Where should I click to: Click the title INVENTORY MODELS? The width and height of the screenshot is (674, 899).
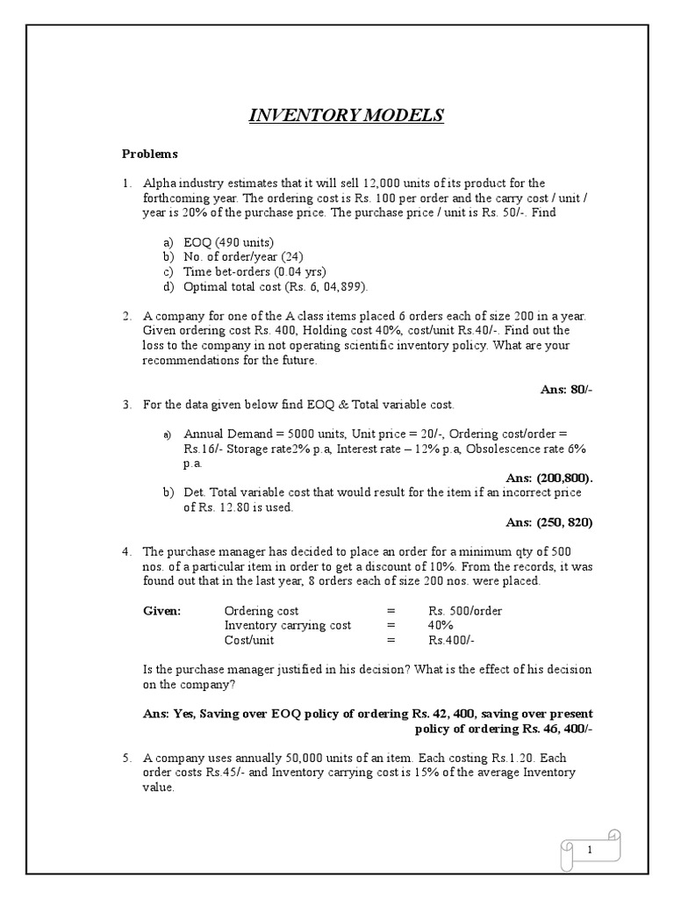[347, 116]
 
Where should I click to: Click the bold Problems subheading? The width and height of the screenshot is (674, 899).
[149, 154]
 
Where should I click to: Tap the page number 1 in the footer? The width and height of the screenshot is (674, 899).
[590, 849]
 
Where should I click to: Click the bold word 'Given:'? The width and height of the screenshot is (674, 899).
[161, 610]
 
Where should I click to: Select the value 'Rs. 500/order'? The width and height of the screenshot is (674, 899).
[465, 610]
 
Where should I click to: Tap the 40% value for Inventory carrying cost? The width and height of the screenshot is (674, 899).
[441, 625]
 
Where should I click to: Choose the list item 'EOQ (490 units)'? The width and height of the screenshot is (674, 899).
[229, 242]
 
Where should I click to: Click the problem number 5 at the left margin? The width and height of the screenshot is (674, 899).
[126, 757]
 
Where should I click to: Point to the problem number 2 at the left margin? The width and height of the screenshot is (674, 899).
[126, 316]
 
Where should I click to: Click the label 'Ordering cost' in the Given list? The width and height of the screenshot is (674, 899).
[262, 610]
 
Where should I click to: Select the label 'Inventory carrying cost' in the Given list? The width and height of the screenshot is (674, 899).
[288, 625]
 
